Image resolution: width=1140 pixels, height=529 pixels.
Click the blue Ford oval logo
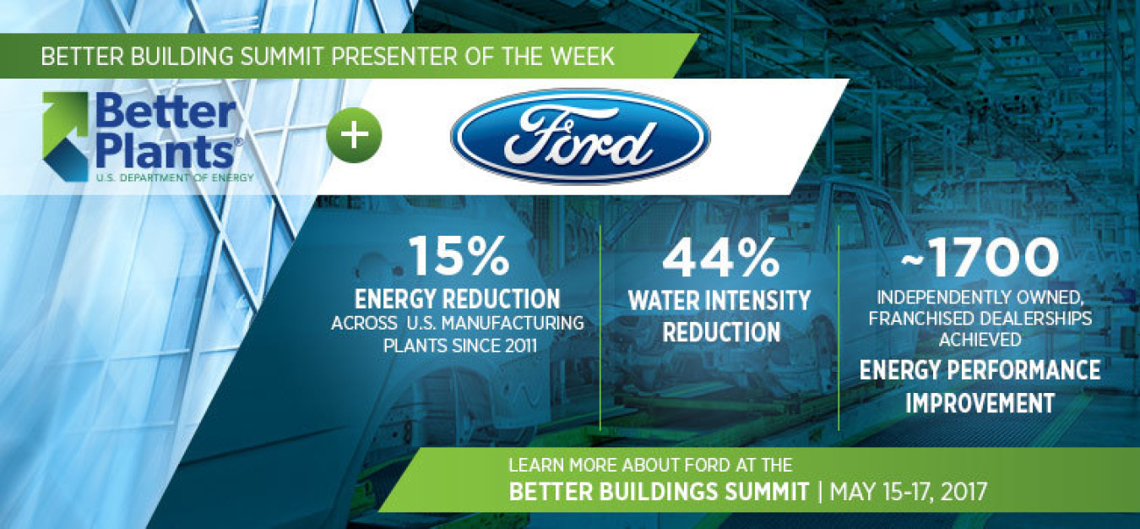click(x=580, y=136)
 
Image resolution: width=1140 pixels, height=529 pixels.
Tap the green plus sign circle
click(x=354, y=135)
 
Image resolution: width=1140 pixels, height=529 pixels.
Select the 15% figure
click(x=459, y=256)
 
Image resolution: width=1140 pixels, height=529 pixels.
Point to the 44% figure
click(x=720, y=257)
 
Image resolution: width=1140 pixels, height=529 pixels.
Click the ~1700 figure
click(x=980, y=257)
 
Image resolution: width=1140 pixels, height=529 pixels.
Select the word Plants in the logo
click(x=164, y=150)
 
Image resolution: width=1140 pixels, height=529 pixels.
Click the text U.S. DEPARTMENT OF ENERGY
click(x=175, y=177)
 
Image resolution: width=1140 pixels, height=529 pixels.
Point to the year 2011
click(x=521, y=346)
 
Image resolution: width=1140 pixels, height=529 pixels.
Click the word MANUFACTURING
click(x=513, y=324)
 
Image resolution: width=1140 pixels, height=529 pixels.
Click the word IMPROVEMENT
click(x=980, y=403)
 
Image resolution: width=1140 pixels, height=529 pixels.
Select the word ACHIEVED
click(x=980, y=340)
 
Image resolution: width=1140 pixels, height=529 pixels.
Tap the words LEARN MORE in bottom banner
click(x=562, y=465)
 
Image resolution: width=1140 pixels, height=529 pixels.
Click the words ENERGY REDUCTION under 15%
click(x=457, y=299)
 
